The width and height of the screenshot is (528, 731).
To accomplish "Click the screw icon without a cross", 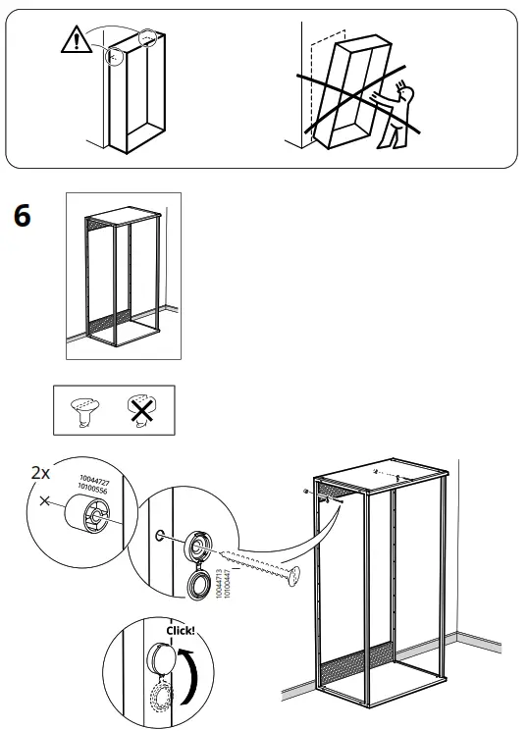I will (84, 411).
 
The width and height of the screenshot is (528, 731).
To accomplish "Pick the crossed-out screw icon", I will (140, 411).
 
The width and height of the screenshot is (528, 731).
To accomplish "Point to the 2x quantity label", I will (40, 472).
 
